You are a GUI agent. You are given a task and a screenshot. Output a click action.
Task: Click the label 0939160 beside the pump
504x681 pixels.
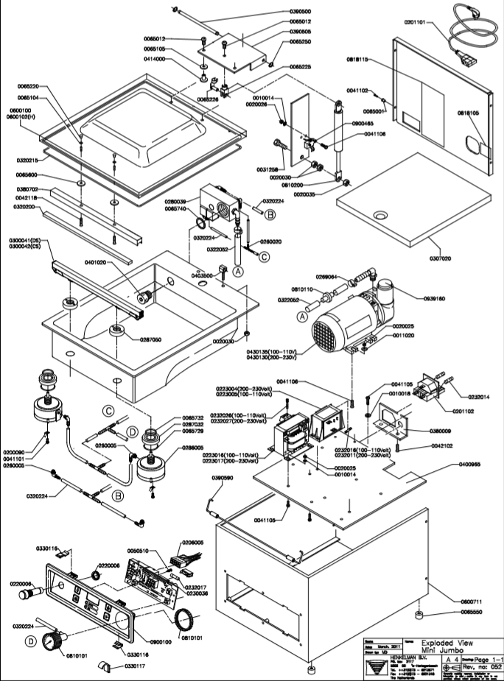coord(415,300)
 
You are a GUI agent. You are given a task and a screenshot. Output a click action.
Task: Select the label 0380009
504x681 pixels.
coord(429,433)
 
